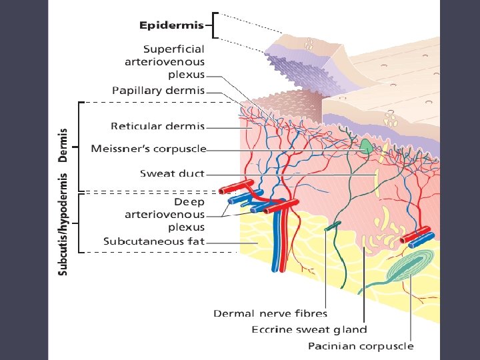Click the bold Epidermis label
point(171,26)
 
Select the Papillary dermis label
point(157,90)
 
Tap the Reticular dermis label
point(157,125)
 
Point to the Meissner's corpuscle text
point(148,149)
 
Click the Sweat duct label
point(172,173)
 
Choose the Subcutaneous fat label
point(153,241)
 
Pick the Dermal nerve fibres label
point(271,313)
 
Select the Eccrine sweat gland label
point(309,329)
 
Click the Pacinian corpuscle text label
point(361,346)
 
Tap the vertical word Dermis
point(63,145)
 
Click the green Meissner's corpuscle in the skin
point(366,145)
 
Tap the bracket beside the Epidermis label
point(212,25)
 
